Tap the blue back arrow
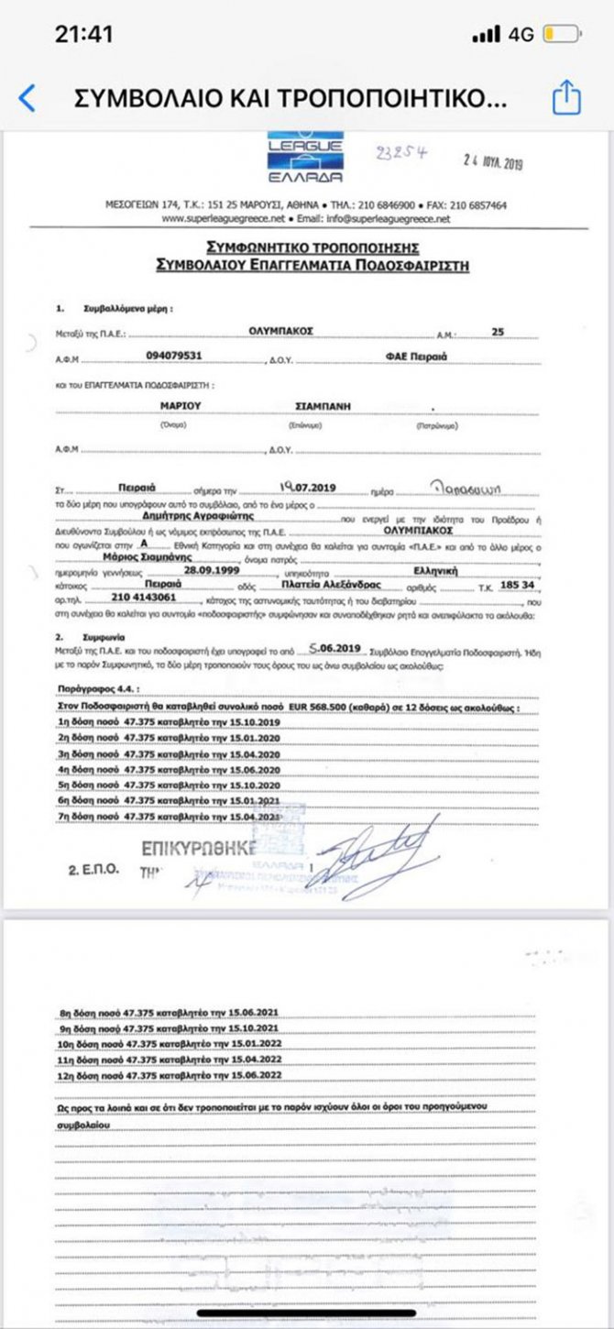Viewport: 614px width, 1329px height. click(27, 98)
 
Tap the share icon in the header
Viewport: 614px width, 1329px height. click(566, 97)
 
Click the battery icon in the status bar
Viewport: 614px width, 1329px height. click(560, 35)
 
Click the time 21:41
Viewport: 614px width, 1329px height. click(83, 35)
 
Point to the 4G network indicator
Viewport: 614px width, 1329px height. click(521, 35)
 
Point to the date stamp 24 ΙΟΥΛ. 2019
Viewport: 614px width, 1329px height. click(492, 163)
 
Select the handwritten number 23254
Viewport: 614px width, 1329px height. click(401, 153)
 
